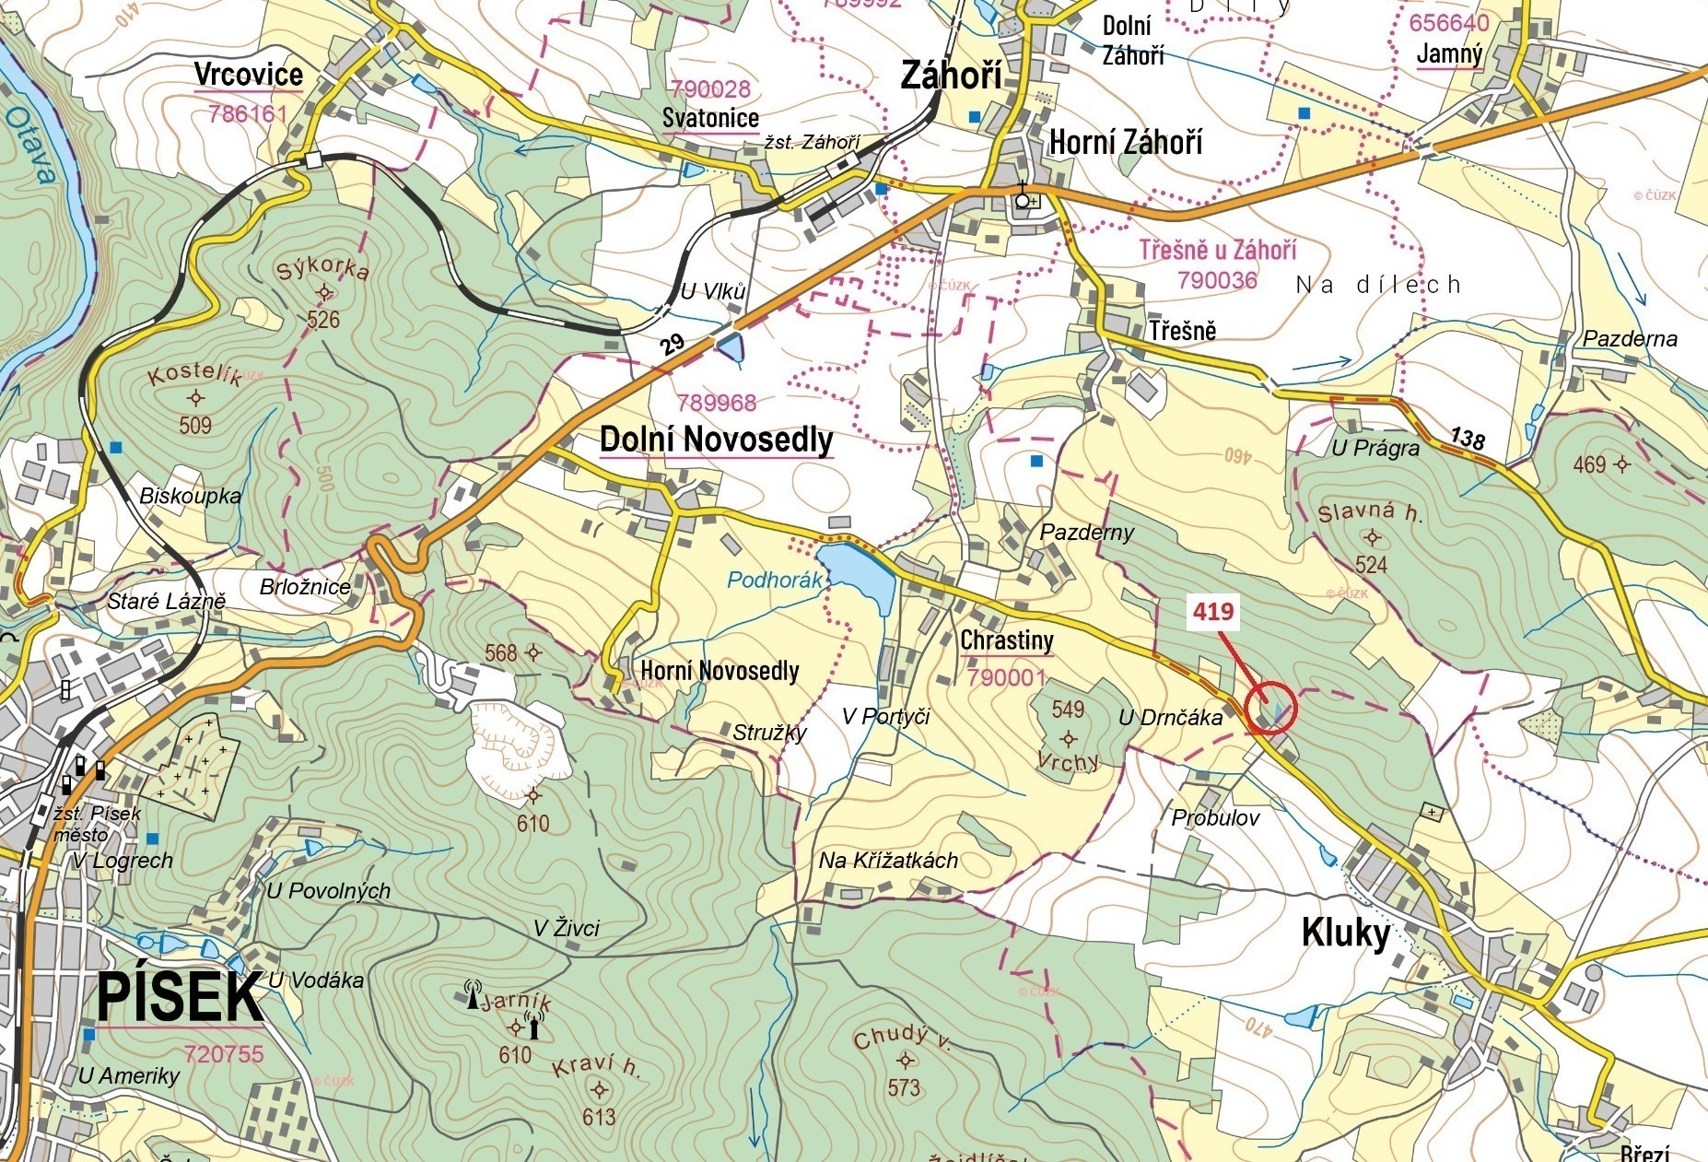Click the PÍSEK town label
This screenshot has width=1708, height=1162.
tap(180, 996)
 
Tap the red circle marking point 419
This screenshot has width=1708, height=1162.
tap(1270, 708)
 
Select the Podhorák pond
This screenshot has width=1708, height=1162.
tap(857, 575)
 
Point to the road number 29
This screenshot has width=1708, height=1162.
tap(673, 346)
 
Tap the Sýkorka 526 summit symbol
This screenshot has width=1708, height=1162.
tap(324, 293)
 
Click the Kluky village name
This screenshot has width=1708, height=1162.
tap(1345, 933)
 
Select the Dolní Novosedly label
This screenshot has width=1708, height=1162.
tap(716, 440)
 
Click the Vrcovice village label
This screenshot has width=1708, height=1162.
tap(249, 75)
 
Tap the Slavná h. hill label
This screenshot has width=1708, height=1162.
tap(1369, 513)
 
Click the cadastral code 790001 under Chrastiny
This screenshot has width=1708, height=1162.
tap(1007, 678)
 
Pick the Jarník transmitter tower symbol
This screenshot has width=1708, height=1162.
tap(533, 1026)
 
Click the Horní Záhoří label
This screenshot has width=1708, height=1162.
tap(1125, 143)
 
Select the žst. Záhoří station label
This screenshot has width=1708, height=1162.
tap(812, 142)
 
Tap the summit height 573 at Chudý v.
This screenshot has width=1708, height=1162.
tap(904, 1087)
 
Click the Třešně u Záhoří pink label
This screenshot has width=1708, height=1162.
tap(1217, 251)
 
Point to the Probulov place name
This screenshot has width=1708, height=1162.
tap(1215, 817)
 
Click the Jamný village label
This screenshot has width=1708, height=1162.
tap(1449, 54)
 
